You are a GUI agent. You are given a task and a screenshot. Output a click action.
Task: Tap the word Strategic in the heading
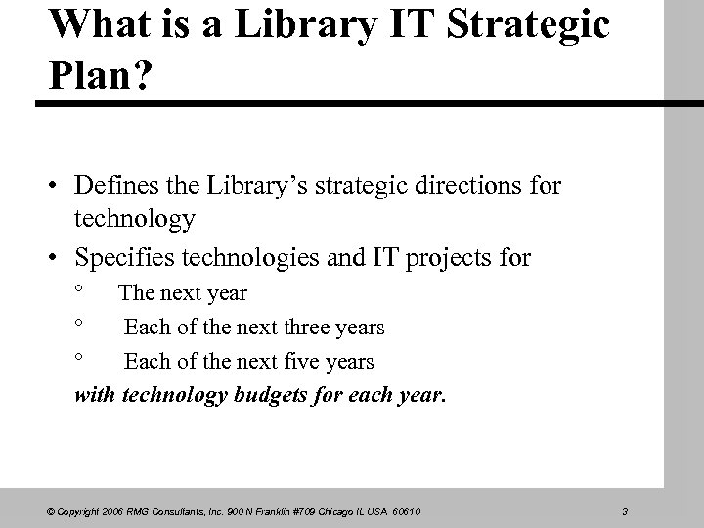click(531, 26)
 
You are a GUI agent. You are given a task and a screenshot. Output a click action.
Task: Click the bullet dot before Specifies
click(59, 258)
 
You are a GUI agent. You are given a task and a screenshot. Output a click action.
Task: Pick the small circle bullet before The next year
click(81, 289)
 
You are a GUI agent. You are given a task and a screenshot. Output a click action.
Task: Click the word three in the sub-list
click(306, 328)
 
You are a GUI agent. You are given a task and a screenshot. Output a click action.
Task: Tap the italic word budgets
click(270, 396)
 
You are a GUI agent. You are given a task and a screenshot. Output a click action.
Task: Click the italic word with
click(95, 396)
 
